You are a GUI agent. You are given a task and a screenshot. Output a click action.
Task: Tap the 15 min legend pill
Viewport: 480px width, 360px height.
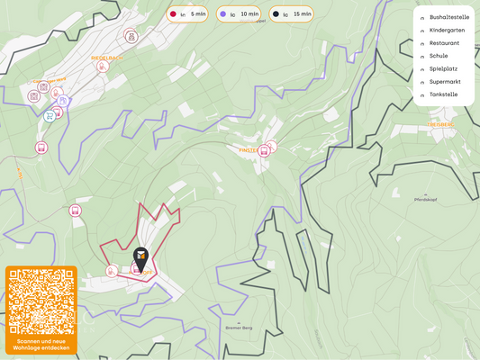(x=292, y=14)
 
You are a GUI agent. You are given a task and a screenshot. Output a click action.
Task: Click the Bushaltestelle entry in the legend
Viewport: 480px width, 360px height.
(x=448, y=17)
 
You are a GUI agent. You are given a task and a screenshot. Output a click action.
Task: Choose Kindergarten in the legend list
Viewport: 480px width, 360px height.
(x=447, y=30)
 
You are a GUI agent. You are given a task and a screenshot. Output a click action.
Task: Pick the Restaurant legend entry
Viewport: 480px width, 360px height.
(x=444, y=43)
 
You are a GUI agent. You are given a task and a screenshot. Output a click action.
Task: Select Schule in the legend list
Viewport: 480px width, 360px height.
(x=439, y=56)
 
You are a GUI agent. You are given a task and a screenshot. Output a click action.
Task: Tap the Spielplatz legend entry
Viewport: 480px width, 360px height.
(x=444, y=68)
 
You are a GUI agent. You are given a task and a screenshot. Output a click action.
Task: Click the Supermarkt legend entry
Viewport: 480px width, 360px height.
(x=445, y=82)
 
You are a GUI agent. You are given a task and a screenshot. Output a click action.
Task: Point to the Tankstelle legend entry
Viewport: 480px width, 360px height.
(x=443, y=94)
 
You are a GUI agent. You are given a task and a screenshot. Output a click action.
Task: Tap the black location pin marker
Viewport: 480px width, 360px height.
(x=140, y=257)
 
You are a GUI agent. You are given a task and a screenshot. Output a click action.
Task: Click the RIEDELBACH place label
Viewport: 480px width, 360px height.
(x=106, y=57)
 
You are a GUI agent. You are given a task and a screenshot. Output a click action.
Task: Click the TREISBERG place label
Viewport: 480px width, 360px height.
(x=440, y=124)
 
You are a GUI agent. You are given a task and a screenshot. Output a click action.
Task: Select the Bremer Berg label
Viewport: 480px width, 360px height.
(x=239, y=328)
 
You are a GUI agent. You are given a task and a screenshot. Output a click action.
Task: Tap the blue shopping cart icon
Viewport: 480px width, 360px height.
(x=49, y=116)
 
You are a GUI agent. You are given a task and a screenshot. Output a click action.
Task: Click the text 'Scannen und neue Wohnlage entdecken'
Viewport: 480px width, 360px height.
(x=41, y=344)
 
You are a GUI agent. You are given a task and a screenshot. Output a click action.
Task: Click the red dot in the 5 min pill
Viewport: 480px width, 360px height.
(x=173, y=14)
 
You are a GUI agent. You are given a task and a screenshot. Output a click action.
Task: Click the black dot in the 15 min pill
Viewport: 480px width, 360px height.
(x=276, y=14)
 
